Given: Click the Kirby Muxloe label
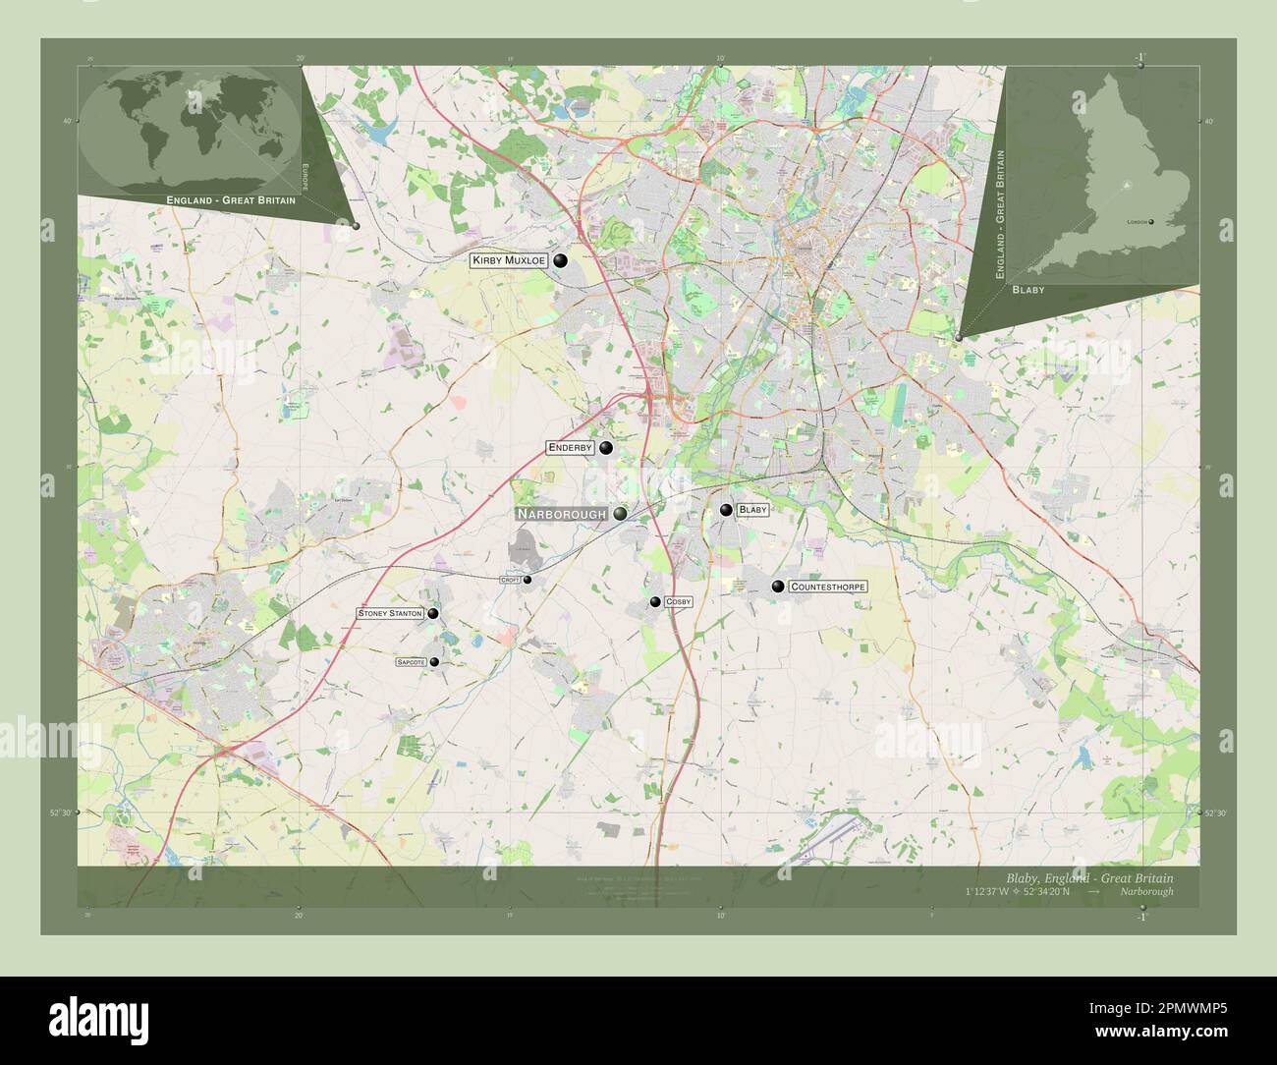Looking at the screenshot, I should coord(508,260).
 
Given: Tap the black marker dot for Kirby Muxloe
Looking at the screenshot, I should coord(561,260).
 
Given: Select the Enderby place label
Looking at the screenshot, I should coord(570,448).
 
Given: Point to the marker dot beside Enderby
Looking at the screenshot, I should coord(606,448).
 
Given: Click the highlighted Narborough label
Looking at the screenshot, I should coord(561,514).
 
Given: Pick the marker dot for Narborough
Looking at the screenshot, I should coord(621,513).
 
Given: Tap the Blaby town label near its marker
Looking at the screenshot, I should coord(752,510).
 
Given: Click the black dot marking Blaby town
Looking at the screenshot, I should coord(726,510).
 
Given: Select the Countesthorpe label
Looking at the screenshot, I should coord(828,587).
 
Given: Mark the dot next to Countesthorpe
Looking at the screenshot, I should coord(778,587).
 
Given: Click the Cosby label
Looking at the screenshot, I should coord(679,601).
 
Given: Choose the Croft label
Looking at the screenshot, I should coord(510,580).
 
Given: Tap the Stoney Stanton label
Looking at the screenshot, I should coord(390,613).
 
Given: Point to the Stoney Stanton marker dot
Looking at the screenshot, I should coord(432,613).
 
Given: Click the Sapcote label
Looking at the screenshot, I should coord(411,662).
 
